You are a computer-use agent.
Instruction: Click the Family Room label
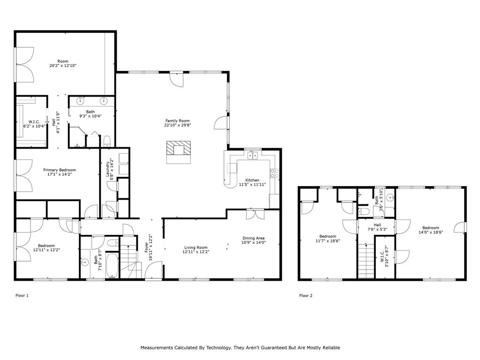(x=178, y=120)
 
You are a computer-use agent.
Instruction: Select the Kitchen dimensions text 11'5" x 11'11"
(x=252, y=185)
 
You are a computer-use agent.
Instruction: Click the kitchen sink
(x=253, y=156)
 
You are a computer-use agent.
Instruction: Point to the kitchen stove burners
(x=275, y=173)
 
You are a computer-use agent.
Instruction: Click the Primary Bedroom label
(x=60, y=170)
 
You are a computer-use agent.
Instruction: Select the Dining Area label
(x=254, y=238)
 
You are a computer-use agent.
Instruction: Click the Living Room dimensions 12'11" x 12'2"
(x=196, y=252)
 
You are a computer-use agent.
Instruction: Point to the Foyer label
(x=146, y=247)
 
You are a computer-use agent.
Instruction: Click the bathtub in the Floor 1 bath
(x=112, y=265)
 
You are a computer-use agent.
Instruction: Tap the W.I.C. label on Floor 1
(x=34, y=122)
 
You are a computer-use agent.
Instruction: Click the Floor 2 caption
(x=306, y=295)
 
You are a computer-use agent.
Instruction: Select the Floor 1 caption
(x=22, y=295)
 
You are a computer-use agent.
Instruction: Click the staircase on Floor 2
(x=366, y=261)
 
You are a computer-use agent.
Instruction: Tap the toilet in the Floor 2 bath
(x=364, y=211)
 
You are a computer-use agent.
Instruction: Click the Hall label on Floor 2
(x=377, y=225)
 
